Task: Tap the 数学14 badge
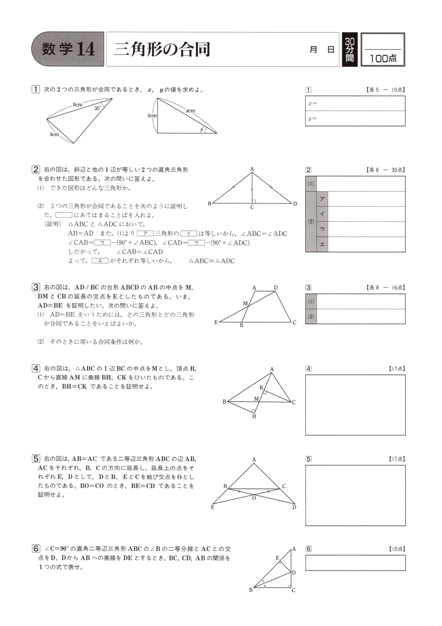coord(68,49)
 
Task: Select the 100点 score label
coord(383,58)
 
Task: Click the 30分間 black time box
coord(350,49)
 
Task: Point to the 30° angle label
coord(98,108)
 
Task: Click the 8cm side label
coord(77,104)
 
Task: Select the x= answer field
coord(355,103)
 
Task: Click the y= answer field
coord(355,119)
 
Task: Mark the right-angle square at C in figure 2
coord(254,201)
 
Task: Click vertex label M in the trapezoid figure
coord(245,303)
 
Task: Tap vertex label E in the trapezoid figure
coord(216,322)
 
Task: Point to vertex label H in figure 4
coord(254,416)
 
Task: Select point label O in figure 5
coord(254,498)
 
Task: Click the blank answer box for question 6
coord(355,563)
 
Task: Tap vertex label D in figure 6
coord(294,572)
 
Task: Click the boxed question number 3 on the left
coord(36,287)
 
